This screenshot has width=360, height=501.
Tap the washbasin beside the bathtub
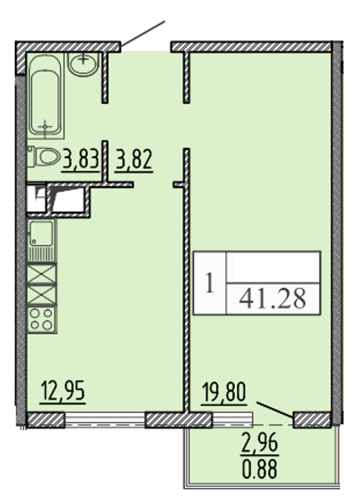click(83, 65)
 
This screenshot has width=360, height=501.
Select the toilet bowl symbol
click(44, 157)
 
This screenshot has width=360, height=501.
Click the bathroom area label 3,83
click(81, 159)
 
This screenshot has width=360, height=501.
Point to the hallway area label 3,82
click(134, 159)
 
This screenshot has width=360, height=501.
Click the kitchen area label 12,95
click(63, 392)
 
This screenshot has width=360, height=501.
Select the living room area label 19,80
click(224, 393)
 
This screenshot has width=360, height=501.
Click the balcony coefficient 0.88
click(260, 468)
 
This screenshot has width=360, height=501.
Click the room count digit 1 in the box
click(210, 283)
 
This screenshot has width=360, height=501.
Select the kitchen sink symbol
click(41, 240)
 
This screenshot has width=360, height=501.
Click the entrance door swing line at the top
click(143, 34)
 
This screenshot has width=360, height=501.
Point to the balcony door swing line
click(275, 410)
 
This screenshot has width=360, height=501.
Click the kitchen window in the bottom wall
click(105, 420)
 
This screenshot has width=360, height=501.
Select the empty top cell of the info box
click(273, 267)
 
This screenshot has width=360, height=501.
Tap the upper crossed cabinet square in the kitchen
click(42, 274)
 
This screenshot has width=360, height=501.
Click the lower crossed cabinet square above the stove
click(42, 295)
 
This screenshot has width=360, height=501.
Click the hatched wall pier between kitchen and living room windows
click(178, 420)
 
